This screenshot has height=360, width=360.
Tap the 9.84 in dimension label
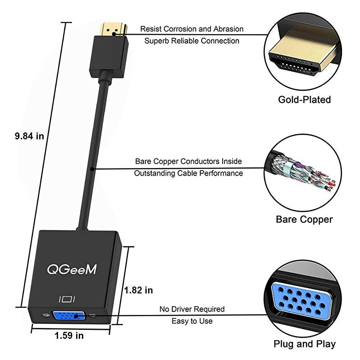click(29, 136)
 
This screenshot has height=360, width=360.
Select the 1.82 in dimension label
click(139, 290)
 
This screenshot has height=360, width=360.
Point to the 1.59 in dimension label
click(69, 335)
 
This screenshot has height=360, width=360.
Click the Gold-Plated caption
click(304, 99)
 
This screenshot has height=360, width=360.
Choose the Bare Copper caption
click(304, 220)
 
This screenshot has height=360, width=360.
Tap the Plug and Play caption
click(305, 344)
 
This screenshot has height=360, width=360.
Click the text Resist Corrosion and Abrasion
click(192, 29)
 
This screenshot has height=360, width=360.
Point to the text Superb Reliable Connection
click(192, 41)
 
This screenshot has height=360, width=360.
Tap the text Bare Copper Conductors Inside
click(189, 161)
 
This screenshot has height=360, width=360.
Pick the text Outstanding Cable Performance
click(189, 173)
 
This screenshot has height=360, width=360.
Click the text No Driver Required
click(192, 309)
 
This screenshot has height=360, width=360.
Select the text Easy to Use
click(192, 321)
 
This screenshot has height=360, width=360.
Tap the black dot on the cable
click(92, 169)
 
